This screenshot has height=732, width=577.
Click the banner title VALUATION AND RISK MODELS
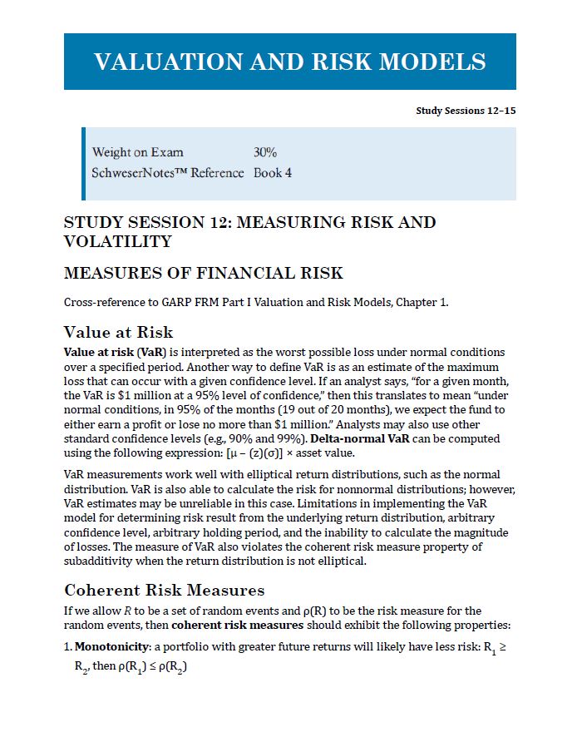click(x=289, y=62)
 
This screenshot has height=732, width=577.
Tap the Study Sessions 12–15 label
click(x=466, y=111)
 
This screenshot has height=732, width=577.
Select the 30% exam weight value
click(x=265, y=152)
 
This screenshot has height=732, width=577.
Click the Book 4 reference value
click(x=273, y=173)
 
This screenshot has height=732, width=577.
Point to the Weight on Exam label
click(x=138, y=152)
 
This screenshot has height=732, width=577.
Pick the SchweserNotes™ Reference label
click(x=168, y=173)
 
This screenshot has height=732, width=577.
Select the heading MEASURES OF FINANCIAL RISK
click(x=203, y=274)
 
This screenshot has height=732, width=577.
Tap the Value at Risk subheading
click(x=118, y=333)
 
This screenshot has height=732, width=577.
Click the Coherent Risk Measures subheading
click(x=164, y=591)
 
